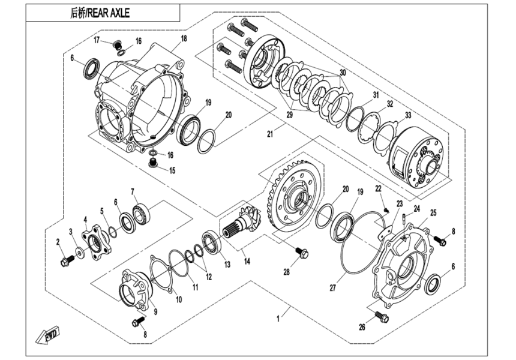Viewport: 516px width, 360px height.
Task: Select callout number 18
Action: point(184,38)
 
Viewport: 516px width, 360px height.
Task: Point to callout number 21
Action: point(269,133)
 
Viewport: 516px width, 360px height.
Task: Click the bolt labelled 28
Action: point(302,254)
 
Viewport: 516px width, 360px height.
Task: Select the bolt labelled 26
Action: point(380,315)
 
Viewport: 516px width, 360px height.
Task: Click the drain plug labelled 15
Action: point(154,164)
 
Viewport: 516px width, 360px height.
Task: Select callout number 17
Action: point(96,40)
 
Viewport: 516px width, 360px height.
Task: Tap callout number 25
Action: point(433,212)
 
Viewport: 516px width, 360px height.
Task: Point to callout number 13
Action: point(227,265)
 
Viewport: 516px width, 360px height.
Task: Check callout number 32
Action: point(389,104)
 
